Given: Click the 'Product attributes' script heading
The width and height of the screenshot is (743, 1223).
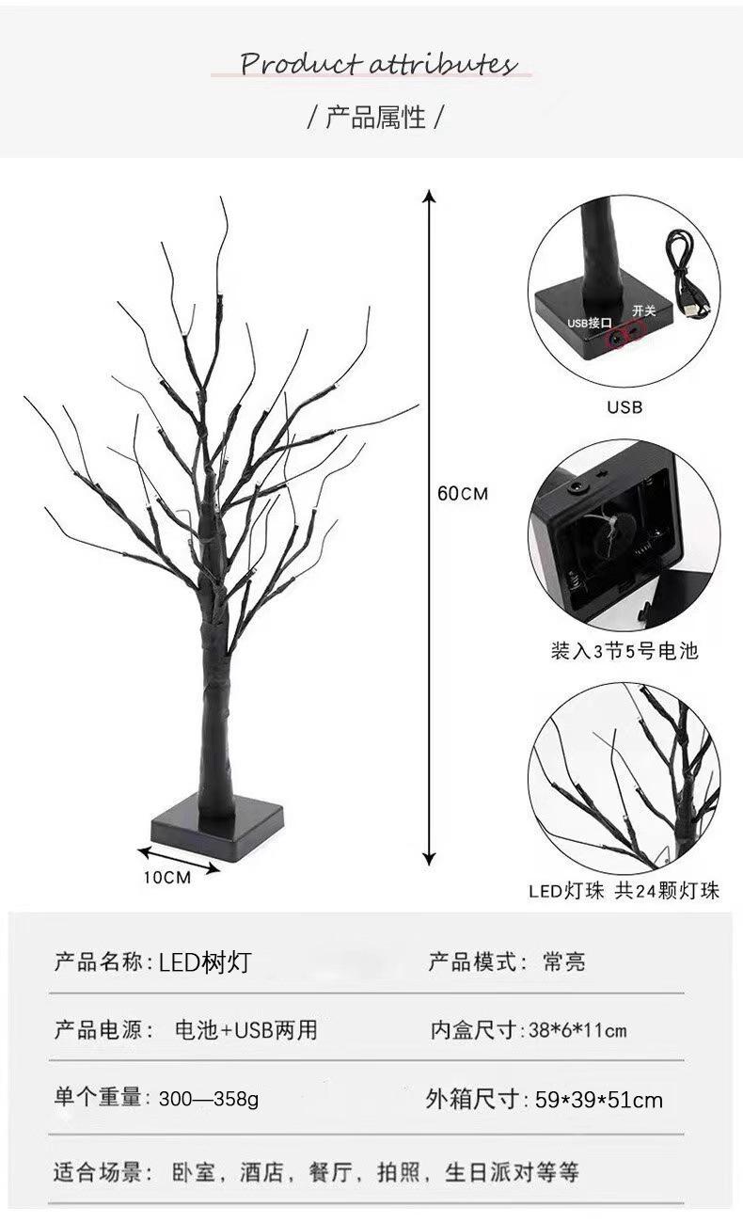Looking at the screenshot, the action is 378,64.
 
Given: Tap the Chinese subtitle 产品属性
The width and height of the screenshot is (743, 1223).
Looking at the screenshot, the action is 375,117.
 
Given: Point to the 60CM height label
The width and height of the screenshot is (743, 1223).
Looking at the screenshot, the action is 463,494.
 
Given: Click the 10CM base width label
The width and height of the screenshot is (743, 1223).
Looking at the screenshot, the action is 167,878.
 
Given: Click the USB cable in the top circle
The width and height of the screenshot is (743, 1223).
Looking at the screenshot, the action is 686,273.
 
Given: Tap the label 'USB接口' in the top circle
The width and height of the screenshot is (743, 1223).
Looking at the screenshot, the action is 590,324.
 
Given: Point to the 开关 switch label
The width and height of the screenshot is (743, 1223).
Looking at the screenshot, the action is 643,310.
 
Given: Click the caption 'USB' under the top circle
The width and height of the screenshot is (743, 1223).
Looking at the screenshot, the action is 625,406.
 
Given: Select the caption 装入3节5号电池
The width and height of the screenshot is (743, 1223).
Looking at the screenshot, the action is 624,651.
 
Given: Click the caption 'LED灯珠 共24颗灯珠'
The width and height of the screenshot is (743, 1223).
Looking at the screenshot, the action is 624,891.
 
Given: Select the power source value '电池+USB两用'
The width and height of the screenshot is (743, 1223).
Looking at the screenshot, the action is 246,1030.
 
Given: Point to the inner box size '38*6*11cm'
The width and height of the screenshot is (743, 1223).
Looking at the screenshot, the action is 577,1031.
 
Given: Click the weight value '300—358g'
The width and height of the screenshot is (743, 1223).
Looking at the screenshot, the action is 209,1099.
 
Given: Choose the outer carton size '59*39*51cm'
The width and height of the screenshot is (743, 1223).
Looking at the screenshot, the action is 599,1100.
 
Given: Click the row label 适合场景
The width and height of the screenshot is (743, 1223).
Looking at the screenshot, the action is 97,1172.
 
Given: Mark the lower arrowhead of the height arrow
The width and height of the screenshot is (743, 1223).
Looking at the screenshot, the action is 430,859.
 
